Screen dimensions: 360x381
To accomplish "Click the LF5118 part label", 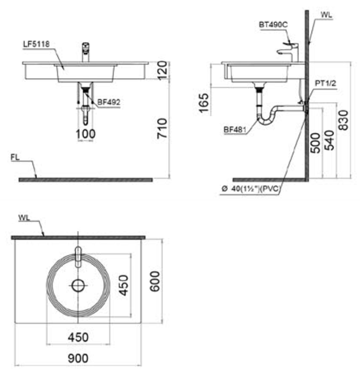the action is point(36,44).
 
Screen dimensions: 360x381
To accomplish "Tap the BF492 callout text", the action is point(109,102).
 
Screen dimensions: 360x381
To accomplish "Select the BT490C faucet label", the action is point(273,24).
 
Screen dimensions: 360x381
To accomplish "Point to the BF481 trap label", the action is point(235,130).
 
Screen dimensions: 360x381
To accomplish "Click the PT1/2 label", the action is point(326,83).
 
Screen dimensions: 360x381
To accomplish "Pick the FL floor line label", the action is point(15,158).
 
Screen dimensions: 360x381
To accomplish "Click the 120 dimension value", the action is point(163,70).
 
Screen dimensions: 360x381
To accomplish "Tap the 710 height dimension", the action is point(162,128).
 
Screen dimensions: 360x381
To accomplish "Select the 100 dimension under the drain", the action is point(86,134).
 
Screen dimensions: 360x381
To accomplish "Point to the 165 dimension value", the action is point(204,103).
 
